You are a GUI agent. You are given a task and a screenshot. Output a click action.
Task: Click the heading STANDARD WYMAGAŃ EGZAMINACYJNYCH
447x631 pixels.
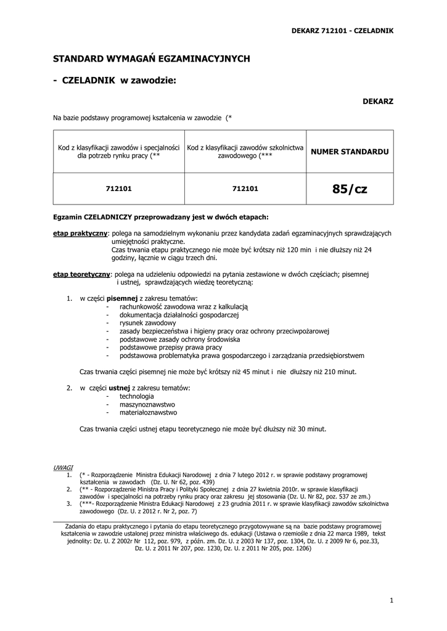pyautogui.click(x=151, y=59)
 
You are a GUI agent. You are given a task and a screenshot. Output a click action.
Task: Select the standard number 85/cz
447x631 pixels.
pyautogui.click(x=349, y=189)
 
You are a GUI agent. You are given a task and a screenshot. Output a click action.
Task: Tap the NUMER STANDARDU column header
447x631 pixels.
pyautogui.click(x=350, y=152)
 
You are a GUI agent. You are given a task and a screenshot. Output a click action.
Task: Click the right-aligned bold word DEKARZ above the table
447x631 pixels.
pyautogui.click(x=378, y=100)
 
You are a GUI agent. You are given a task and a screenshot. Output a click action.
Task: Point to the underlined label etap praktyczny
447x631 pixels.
pyautogui.click(x=80, y=234)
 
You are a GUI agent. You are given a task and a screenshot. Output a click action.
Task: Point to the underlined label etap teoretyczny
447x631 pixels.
pyautogui.click(x=81, y=274)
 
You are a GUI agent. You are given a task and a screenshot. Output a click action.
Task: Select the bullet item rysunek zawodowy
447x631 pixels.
pyautogui.click(x=148, y=323)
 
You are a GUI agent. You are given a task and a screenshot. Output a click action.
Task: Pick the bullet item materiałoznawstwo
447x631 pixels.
pyautogui.click(x=149, y=412)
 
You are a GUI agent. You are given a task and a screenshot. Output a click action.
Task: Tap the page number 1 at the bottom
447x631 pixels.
pyautogui.click(x=392, y=600)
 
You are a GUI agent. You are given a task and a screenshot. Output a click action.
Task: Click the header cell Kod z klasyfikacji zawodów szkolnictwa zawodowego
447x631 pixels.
pyautogui.click(x=245, y=152)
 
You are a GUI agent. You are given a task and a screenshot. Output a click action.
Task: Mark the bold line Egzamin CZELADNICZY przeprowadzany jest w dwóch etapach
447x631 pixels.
pyautogui.click(x=161, y=217)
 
